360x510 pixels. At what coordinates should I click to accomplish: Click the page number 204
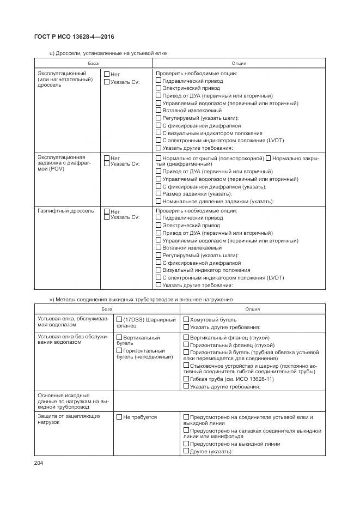pos(39,463)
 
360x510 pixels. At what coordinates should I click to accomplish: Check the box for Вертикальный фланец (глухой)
pos(186,337)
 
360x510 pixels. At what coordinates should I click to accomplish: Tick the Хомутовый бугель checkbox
pos(186,320)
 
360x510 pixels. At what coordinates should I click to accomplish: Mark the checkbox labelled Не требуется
pos(119,417)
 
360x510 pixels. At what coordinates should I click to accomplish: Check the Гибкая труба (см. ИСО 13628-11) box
pos(186,379)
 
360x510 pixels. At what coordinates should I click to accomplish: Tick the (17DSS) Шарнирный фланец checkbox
pos(119,319)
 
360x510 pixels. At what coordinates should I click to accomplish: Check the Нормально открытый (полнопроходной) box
pos(159,158)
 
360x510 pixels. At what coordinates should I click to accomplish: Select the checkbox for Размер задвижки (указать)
pos(159,193)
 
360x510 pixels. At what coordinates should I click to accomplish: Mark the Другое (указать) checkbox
pos(186,451)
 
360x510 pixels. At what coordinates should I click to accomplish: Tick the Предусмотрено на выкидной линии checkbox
pos(186,444)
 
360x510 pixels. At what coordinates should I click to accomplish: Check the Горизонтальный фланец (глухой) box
pos(186,345)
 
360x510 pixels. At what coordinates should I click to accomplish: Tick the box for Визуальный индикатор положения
pos(159,270)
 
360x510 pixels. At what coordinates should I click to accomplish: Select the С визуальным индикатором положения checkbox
pos(159,133)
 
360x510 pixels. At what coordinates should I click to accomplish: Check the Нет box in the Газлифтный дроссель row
pos(107,211)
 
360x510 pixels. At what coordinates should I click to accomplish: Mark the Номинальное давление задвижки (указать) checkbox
pos(159,201)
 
